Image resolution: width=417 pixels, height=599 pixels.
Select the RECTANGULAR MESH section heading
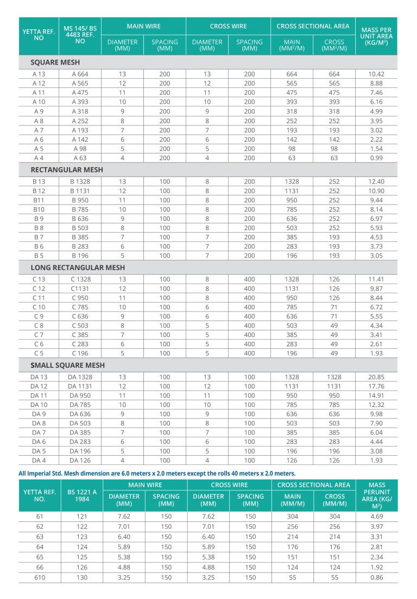[67, 170]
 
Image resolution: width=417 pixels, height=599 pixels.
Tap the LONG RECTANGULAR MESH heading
[78, 267]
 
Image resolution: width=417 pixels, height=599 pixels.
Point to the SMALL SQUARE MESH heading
[68, 365]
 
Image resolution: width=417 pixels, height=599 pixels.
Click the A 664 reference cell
[80, 74]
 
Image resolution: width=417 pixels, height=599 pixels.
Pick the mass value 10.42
[376, 74]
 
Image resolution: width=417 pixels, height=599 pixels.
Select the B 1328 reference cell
[80, 182]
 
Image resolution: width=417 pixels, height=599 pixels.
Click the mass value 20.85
[376, 377]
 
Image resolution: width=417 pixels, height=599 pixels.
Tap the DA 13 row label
[39, 377]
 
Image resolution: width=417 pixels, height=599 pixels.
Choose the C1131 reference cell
[80, 289]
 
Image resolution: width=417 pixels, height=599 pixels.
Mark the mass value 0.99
[376, 158]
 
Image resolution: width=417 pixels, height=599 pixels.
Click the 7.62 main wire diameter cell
[124, 517]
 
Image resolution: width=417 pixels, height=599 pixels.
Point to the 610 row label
[39, 578]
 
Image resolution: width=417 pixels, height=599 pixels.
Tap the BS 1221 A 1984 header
[82, 496]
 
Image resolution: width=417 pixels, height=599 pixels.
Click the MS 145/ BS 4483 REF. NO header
[80, 34]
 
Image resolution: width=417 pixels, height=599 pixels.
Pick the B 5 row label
[39, 256]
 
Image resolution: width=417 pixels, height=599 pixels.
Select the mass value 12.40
[376, 182]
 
